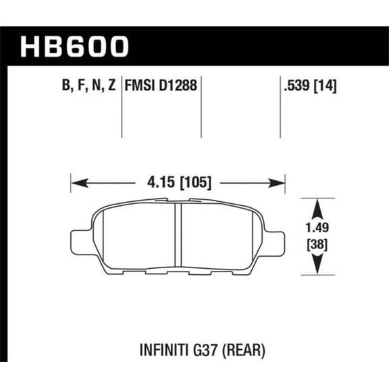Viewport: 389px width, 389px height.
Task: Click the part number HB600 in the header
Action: click(75, 46)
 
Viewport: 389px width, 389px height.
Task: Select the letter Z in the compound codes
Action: click(110, 86)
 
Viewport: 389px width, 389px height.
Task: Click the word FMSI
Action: click(139, 86)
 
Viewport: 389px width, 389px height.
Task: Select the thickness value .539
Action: click(296, 86)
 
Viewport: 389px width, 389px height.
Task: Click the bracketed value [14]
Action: click(326, 86)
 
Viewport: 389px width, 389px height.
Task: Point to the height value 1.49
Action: click(316, 230)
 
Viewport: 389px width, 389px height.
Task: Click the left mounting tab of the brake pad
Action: click(80, 240)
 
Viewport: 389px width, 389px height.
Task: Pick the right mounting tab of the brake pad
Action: click(276, 240)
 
